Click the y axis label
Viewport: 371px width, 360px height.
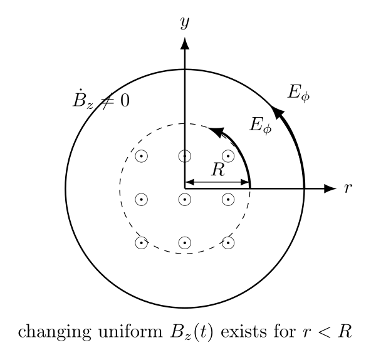[185, 23]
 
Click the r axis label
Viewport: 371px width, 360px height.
[348, 188]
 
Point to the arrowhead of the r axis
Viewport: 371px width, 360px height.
[330, 188]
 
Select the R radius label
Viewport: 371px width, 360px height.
[218, 170]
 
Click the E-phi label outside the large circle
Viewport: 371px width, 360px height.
[298, 93]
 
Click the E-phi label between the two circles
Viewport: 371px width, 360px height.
[261, 125]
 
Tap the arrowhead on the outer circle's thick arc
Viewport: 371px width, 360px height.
[277, 111]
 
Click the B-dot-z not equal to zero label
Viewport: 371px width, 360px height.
[102, 100]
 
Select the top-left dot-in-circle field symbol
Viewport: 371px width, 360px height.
[142, 156]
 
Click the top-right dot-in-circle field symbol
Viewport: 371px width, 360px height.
[228, 156]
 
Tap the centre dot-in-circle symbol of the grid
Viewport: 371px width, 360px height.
[185, 199]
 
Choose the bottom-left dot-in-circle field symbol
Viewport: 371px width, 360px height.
[142, 242]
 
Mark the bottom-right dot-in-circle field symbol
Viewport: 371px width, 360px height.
[228, 242]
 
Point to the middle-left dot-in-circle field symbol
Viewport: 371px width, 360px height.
[142, 199]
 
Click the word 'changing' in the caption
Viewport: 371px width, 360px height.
[55, 332]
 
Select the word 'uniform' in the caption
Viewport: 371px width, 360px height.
[130, 331]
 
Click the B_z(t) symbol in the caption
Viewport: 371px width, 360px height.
[191, 332]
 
